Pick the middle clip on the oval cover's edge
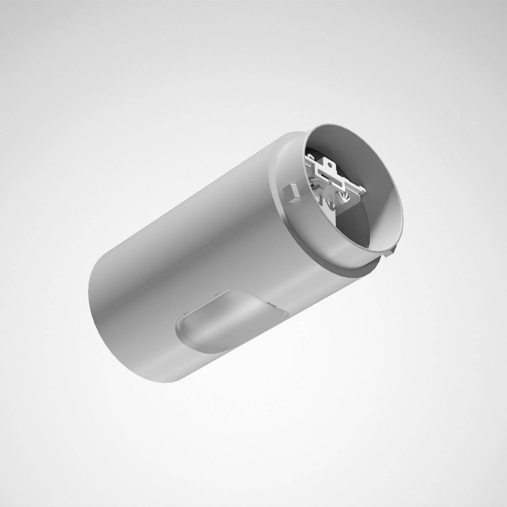click(x=215, y=293)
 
